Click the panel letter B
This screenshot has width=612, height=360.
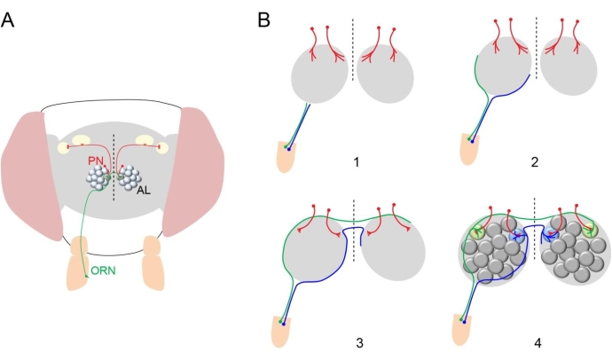point(263,19)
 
